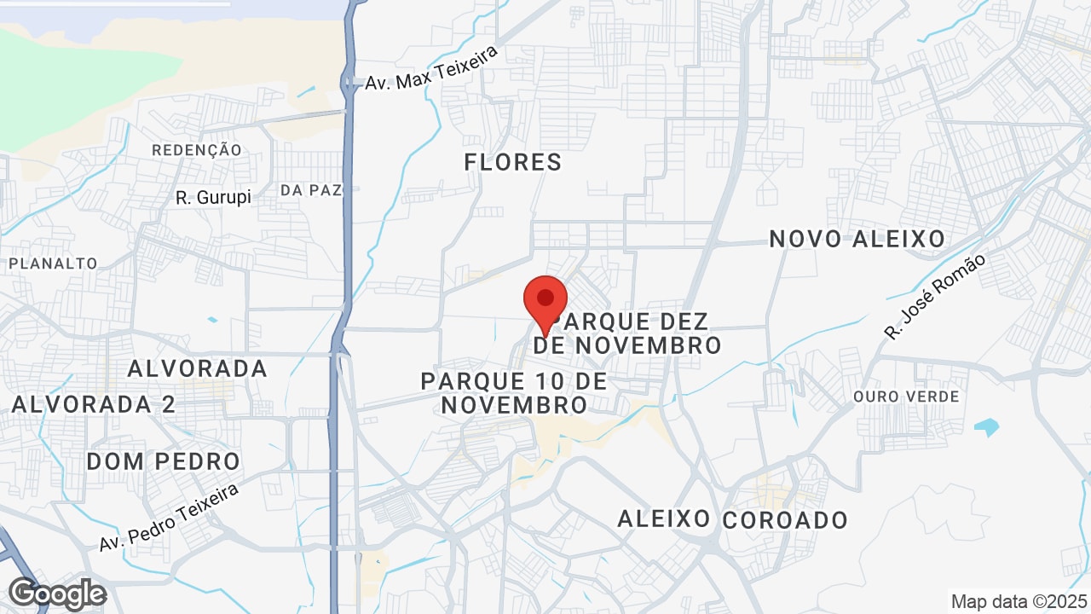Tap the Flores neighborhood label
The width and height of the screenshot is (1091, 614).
513,162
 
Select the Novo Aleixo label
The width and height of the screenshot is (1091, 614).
857,239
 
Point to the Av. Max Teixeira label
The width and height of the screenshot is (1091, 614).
430,68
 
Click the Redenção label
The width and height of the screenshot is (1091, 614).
197,150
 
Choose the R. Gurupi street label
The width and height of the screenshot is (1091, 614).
214,198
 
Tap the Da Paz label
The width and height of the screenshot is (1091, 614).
311,190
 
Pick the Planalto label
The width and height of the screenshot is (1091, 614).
54,264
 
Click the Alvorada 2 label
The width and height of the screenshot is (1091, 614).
94,404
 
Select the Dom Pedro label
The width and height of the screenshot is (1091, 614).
164,462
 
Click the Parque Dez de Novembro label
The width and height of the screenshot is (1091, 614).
629,333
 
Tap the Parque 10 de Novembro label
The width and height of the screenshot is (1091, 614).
514,392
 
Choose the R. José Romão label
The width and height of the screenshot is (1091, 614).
934,297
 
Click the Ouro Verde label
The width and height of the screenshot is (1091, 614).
906,397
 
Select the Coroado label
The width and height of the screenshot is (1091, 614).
785,520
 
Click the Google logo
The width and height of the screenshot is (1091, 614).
58,594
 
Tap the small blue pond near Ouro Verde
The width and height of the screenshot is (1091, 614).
987,426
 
